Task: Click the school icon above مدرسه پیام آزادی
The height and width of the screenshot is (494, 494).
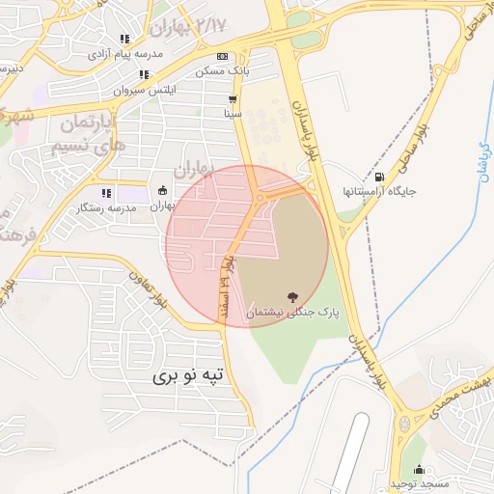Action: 124,40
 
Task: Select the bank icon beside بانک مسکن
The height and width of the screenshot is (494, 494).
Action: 223,56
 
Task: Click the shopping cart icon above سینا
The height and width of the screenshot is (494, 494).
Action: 233,99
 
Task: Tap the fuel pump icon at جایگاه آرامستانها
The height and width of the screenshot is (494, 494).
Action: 378,177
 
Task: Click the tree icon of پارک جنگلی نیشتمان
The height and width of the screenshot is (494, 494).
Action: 291,296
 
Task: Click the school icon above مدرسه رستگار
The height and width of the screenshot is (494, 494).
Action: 105,192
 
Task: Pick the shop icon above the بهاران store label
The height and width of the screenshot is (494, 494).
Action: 161,190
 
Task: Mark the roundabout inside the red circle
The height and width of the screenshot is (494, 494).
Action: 260,198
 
